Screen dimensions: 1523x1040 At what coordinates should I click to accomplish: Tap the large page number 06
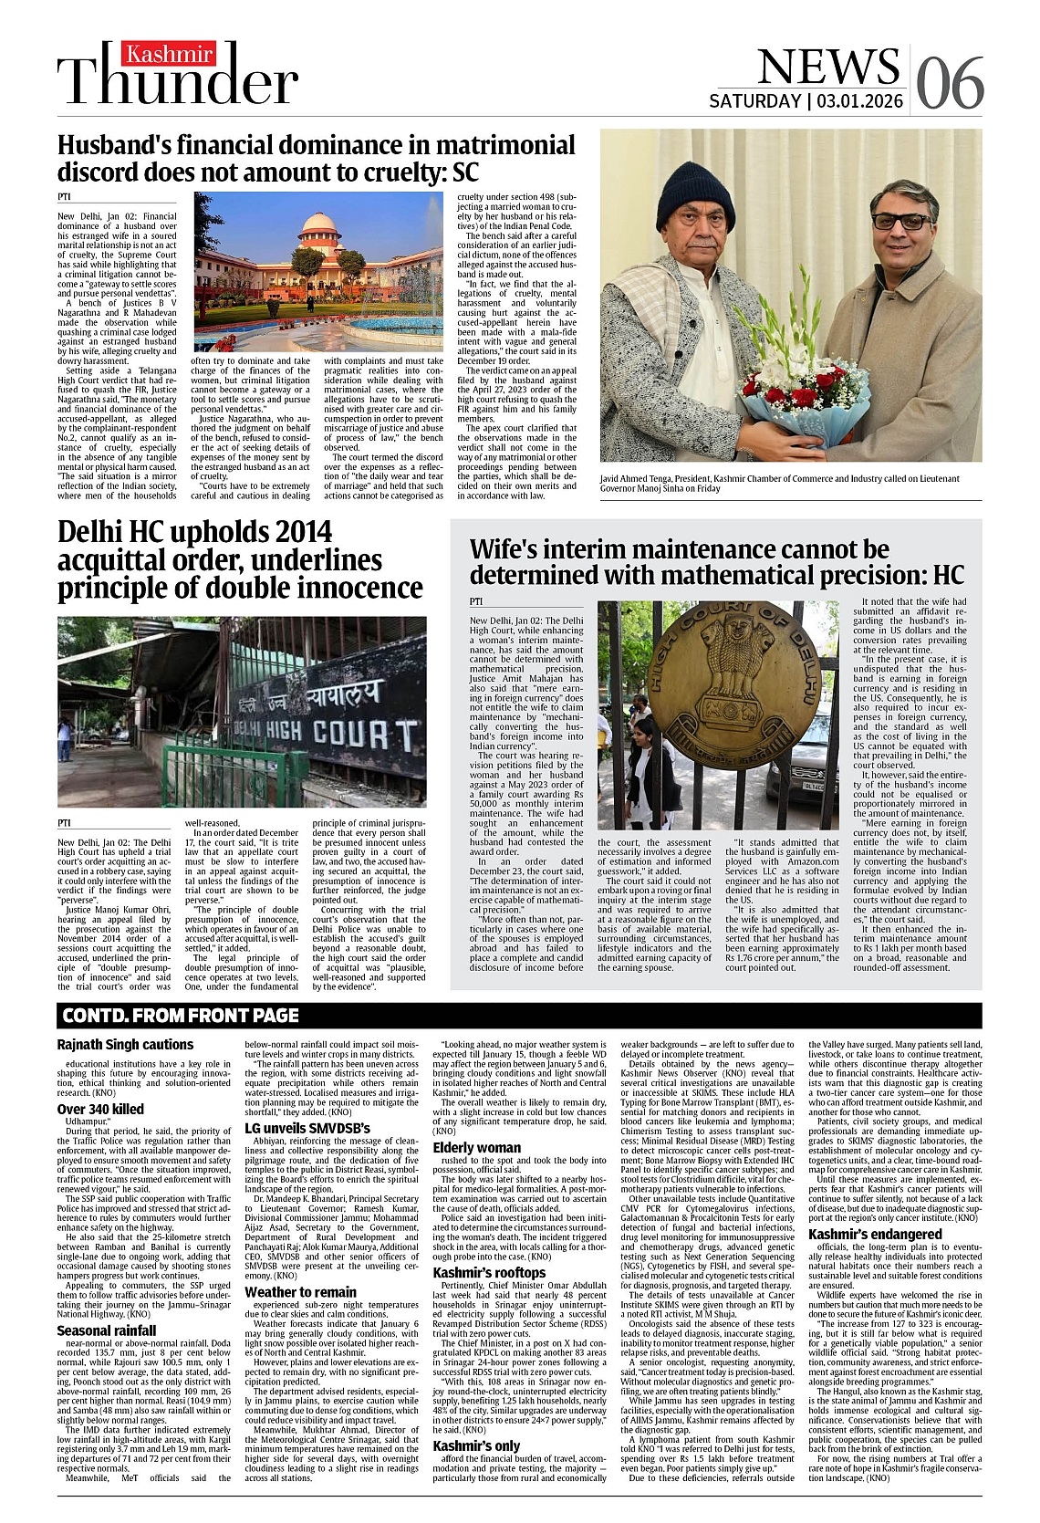pyautogui.click(x=950, y=84)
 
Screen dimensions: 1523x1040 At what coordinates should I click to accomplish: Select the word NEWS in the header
pyautogui.click(x=828, y=67)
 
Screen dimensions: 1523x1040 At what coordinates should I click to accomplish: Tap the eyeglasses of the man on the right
pyautogui.click(x=900, y=221)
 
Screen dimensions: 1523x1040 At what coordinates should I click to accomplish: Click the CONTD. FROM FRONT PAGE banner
pyautogui.click(x=180, y=1015)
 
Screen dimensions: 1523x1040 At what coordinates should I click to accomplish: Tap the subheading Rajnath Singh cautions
pyautogui.click(x=125, y=1044)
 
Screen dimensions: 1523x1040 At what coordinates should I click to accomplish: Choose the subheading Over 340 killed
pyautogui.click(x=100, y=1109)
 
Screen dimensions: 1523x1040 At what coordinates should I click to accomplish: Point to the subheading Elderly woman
pyautogui.click(x=476, y=1147)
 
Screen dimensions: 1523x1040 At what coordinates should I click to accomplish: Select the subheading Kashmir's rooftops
pyautogui.click(x=489, y=1272)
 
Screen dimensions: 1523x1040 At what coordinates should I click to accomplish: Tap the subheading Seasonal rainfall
pyautogui.click(x=107, y=1330)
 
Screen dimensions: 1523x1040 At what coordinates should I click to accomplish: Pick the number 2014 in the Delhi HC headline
pyautogui.click(x=286, y=532)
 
